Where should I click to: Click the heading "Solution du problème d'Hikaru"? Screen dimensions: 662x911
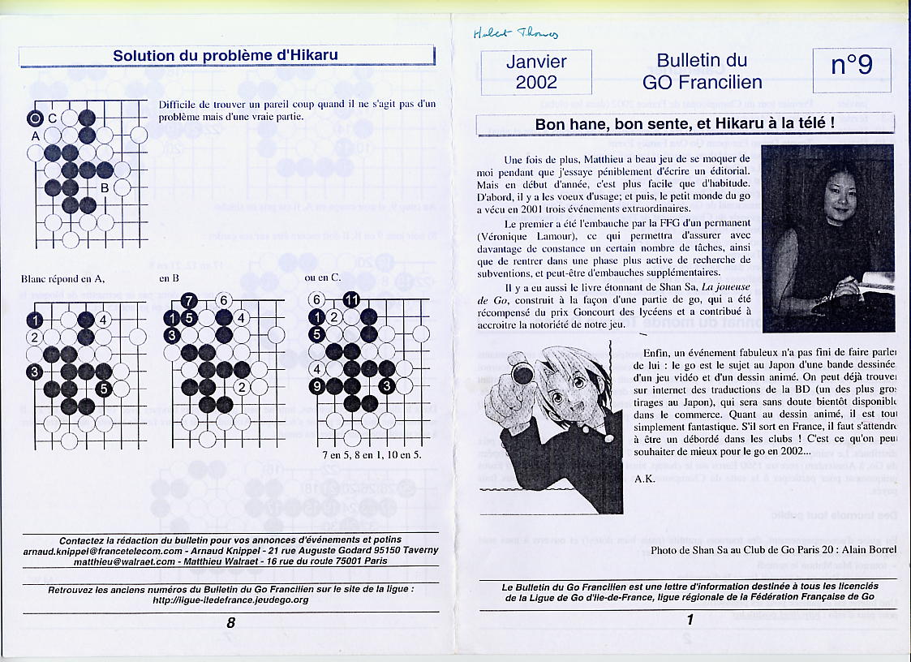tap(226, 56)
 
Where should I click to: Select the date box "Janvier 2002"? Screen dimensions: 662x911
tap(536, 71)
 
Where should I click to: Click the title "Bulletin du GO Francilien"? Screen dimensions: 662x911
tap(702, 71)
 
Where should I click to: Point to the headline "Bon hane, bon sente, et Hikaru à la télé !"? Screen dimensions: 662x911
tap(685, 124)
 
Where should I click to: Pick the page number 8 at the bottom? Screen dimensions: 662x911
tap(230, 622)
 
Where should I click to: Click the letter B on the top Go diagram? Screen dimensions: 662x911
tap(105, 188)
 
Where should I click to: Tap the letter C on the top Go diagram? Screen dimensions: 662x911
tap(53, 118)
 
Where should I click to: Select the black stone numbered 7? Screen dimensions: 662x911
tap(189, 301)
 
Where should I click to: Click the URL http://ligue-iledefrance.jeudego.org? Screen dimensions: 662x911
tap(230, 600)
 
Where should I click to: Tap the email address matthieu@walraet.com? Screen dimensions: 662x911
tap(124, 561)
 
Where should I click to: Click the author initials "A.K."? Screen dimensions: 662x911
tap(644, 479)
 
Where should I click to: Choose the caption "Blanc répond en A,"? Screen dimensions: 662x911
tap(62, 279)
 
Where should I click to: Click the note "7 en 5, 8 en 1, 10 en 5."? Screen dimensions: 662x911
tap(372, 454)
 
